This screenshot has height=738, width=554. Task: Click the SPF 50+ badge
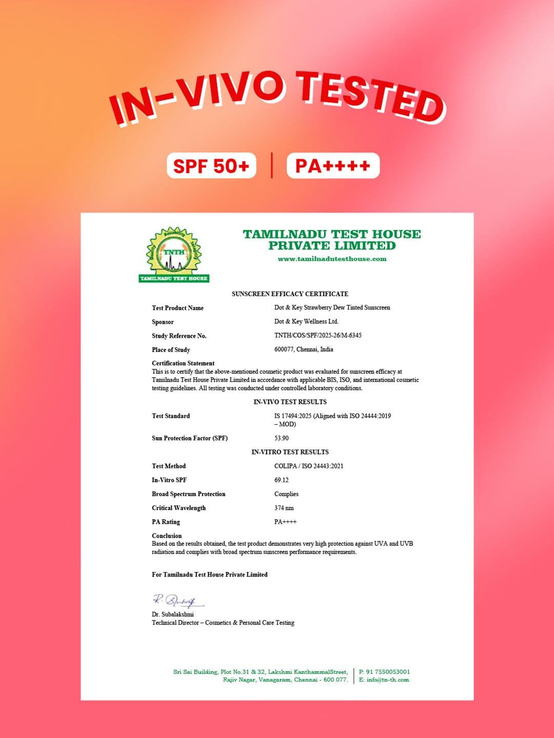click(x=211, y=166)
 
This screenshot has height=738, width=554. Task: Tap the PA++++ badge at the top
click(x=333, y=166)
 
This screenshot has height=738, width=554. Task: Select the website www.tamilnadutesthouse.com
click(x=332, y=259)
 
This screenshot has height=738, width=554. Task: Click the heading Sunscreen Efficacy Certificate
click(x=290, y=294)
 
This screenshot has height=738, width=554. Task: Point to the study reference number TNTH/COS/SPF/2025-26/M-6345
click(x=318, y=335)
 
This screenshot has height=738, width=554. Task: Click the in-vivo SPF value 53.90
click(x=281, y=438)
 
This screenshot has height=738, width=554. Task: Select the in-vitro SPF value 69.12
click(x=281, y=480)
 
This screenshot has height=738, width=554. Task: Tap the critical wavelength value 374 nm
click(x=284, y=508)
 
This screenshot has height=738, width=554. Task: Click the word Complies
click(x=286, y=494)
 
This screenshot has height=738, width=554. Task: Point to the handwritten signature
click(x=177, y=600)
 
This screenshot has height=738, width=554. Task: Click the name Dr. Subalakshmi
click(x=173, y=614)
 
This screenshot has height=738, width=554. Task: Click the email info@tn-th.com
click(x=388, y=680)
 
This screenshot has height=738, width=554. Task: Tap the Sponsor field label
click(x=163, y=322)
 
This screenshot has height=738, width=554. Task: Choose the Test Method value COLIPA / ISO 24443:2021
click(x=309, y=466)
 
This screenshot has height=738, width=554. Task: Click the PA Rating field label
click(x=166, y=522)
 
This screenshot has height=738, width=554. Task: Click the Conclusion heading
click(x=167, y=536)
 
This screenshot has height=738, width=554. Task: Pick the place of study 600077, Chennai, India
click(x=304, y=350)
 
